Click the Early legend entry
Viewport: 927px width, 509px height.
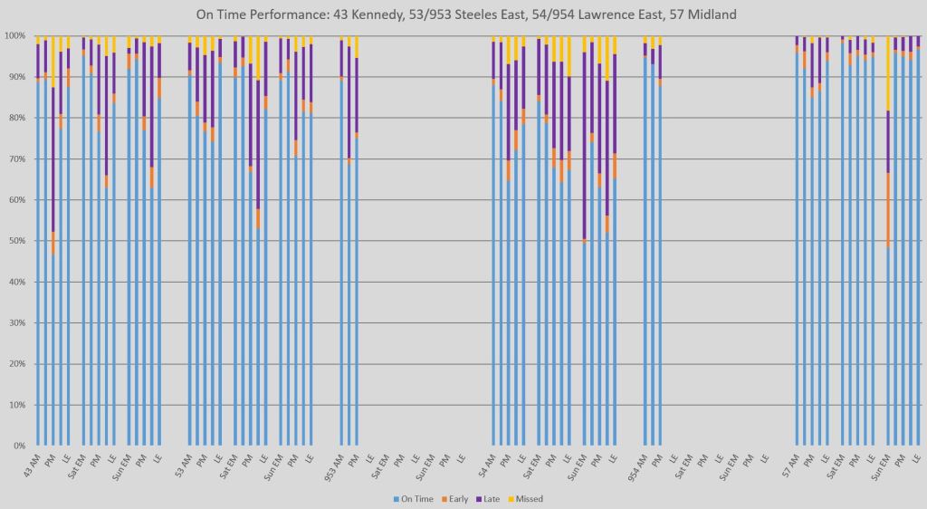[457, 499]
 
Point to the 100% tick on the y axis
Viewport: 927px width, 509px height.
[14, 36]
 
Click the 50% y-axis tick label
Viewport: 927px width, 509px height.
[16, 241]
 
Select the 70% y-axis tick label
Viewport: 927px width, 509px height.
[16, 159]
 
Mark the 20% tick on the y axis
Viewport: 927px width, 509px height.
[16, 364]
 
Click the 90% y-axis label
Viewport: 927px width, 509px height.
[16, 77]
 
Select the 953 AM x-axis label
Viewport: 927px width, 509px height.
[334, 466]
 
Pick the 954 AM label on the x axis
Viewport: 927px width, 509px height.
[638, 466]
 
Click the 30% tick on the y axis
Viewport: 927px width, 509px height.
[16, 323]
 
